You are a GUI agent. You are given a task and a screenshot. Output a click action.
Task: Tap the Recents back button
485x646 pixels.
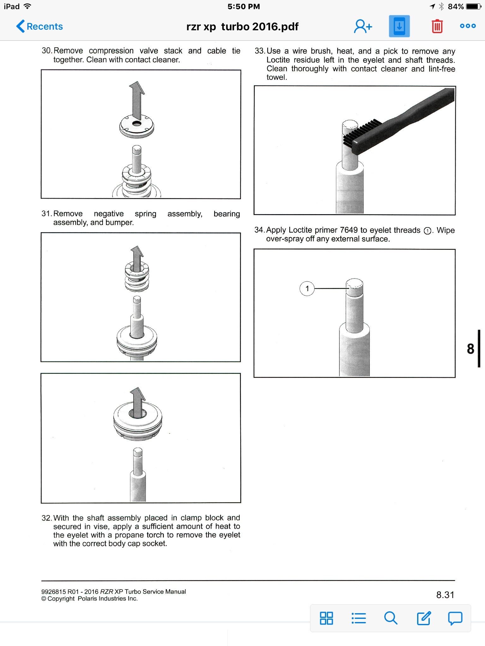click(40, 26)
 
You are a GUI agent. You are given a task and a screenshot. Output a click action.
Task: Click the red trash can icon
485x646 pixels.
click(437, 26)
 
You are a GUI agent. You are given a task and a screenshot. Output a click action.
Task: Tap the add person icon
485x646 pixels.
click(363, 26)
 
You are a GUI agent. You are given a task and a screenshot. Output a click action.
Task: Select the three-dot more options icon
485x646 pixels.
click(468, 26)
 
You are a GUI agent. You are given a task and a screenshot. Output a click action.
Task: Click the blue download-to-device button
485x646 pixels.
click(399, 26)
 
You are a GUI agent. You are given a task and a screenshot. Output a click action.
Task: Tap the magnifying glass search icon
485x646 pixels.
click(391, 618)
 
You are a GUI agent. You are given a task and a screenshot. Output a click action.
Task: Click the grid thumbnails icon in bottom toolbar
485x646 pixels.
click(326, 618)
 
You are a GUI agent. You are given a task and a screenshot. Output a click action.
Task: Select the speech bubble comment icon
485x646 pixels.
click(455, 618)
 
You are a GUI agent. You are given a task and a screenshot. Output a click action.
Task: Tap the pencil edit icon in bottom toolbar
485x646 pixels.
click(423, 618)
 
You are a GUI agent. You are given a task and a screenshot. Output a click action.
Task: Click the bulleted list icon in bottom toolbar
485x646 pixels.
click(359, 618)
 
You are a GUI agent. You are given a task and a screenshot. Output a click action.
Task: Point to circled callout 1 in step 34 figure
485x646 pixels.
click(307, 288)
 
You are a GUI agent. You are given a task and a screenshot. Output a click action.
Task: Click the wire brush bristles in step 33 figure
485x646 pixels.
click(362, 132)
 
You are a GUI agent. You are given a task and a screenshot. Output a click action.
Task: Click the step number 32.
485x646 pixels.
click(46, 518)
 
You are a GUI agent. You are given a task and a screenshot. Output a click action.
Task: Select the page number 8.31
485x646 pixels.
click(445, 595)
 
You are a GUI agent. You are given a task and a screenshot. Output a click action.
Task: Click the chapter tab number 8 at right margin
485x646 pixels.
click(470, 349)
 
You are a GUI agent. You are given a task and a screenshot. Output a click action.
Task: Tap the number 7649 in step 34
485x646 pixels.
click(349, 230)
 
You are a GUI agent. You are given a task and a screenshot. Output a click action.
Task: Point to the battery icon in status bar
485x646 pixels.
click(474, 7)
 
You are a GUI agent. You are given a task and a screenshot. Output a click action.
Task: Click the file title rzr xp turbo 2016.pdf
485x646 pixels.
click(242, 26)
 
